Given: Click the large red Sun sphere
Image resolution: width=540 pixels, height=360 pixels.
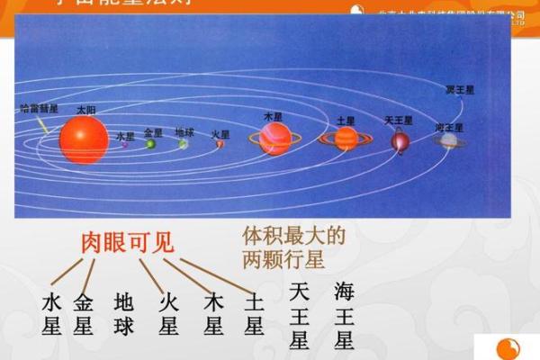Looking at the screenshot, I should (x=84, y=139).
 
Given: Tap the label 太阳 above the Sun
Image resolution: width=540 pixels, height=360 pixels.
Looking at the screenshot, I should (x=85, y=108).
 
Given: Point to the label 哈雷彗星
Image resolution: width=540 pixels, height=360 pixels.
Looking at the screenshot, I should (x=39, y=108).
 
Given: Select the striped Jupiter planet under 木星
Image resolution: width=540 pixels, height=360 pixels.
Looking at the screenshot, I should (x=274, y=139).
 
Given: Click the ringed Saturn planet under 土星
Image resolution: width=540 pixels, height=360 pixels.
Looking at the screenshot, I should (x=346, y=138).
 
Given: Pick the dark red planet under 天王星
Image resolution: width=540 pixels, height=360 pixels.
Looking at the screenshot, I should (x=400, y=140).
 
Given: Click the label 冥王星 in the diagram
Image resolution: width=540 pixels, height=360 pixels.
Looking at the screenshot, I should (x=460, y=90).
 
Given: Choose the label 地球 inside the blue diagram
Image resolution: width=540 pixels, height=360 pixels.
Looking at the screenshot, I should (x=184, y=130).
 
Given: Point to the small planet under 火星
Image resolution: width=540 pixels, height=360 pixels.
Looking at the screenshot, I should (x=219, y=144).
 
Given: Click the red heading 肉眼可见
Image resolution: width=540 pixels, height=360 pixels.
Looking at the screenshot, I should (x=128, y=242).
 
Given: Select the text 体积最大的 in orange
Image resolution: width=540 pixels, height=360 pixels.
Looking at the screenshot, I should (x=294, y=237).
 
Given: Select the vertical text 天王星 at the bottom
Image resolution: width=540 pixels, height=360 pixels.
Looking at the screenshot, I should (x=300, y=316).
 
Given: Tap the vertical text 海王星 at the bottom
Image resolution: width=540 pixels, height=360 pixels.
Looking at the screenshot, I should (x=344, y=316).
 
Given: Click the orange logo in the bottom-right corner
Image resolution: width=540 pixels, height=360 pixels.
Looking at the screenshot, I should (x=509, y=348).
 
